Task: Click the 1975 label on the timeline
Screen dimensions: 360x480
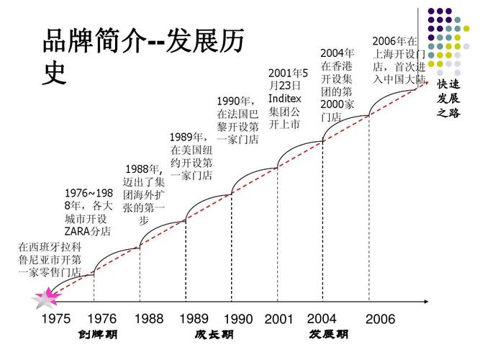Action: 55,319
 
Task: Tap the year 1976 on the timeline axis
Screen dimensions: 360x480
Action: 101,319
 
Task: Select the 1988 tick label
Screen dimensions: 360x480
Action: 149,319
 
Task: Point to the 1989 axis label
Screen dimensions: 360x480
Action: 194,319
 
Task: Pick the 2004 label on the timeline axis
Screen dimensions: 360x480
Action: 322,319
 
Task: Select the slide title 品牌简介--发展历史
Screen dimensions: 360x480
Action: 141,55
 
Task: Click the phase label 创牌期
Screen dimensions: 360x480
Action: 98,335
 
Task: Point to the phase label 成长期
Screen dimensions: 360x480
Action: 214,335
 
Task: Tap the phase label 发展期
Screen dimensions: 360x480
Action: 329,335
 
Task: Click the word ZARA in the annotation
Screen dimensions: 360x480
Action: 80,231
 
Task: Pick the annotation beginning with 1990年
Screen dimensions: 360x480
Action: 237,120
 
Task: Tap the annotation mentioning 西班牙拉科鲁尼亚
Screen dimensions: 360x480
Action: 50,259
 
